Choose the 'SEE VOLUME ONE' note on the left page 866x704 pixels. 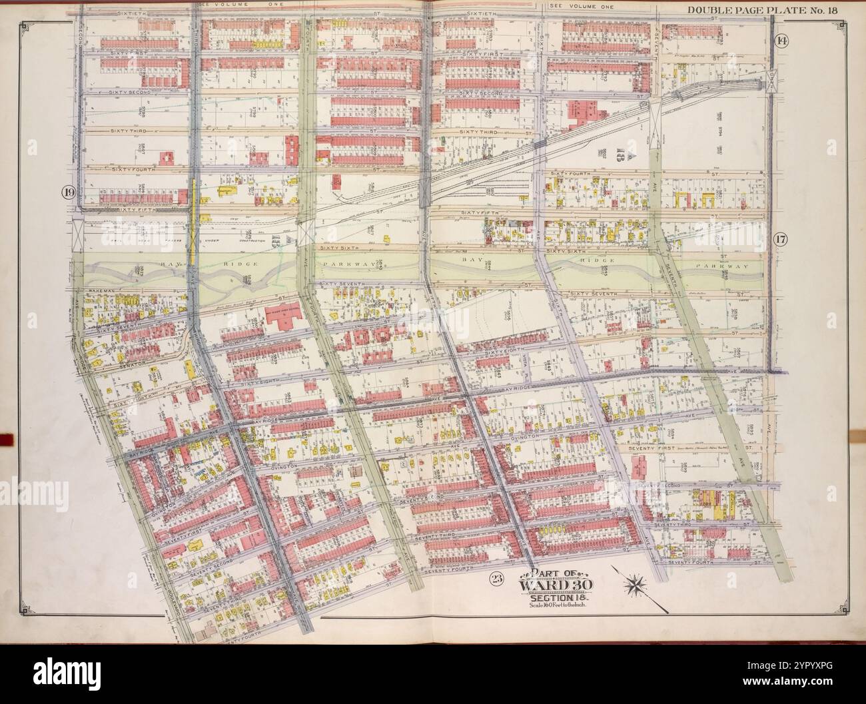coord(230,6)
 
